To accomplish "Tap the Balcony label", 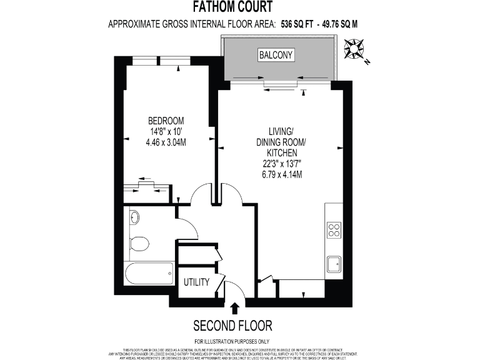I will coord(276,55).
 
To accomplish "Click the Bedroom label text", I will coord(166,121).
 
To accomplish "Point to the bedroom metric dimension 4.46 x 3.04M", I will coord(166,142).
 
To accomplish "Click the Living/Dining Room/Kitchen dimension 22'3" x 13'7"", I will coord(281,164).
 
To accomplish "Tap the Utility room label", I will coord(196,282).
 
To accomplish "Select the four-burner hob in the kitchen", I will coord(334,231).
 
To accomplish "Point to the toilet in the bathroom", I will coord(139,242).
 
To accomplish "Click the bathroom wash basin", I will coord(134,217).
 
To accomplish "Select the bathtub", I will coord(149,273).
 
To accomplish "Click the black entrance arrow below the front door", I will coord(235,307).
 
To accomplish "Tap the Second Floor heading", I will coord(232,326).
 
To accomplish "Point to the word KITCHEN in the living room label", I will coord(281,152).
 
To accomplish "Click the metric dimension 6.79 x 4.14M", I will coord(281,174).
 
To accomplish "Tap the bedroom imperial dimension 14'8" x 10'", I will coord(166,131).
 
